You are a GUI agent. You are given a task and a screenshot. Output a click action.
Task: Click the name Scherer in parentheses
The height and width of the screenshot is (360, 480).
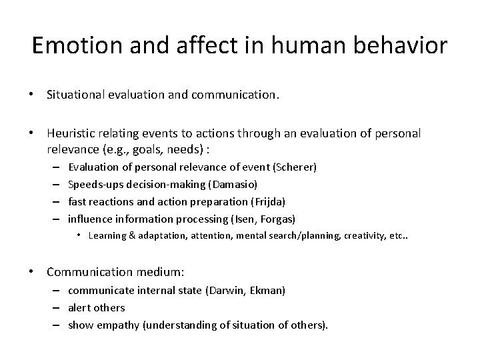(297, 167)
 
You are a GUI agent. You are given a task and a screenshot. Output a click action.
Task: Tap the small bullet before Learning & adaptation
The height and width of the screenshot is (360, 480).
(78, 235)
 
